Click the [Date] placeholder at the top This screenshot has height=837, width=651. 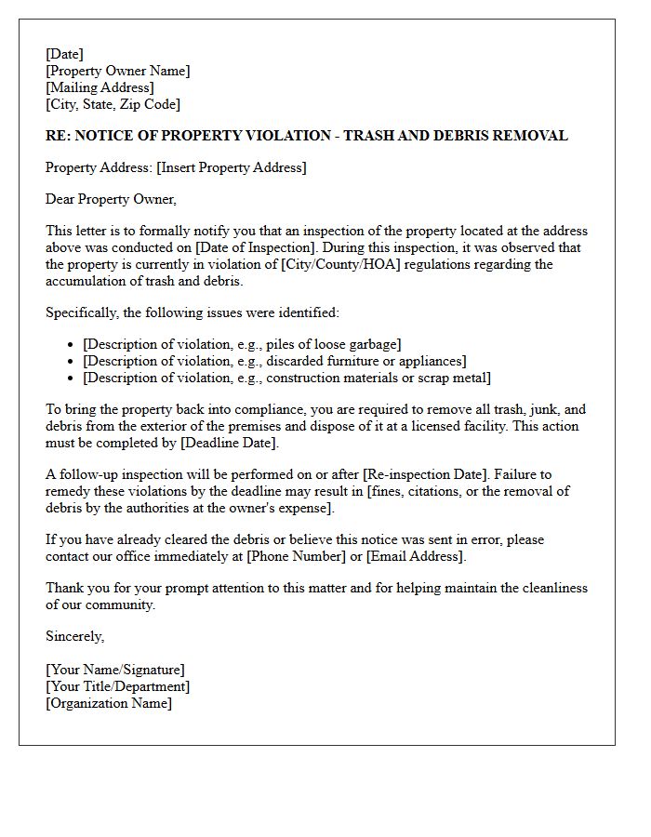(x=64, y=54)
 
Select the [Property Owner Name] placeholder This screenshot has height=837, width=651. (x=117, y=71)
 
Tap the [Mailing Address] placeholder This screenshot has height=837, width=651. (x=100, y=87)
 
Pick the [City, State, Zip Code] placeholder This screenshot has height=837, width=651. (x=113, y=104)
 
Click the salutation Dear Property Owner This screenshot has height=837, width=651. (x=110, y=199)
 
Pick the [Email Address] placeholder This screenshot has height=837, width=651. (x=414, y=556)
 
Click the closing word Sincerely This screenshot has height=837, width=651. (x=74, y=637)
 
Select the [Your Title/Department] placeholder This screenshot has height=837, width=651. (x=117, y=686)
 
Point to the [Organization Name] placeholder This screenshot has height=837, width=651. (x=109, y=703)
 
